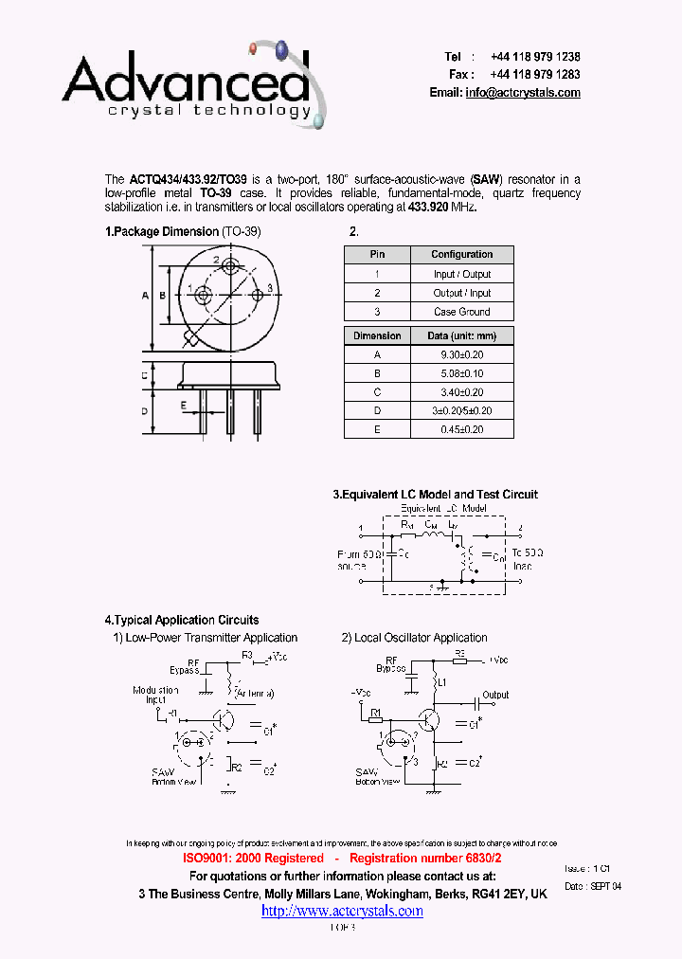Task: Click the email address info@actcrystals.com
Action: [523, 93]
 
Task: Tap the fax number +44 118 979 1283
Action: [535, 74]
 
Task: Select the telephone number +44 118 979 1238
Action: [535, 57]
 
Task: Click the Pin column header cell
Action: [377, 254]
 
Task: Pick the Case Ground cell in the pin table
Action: [461, 312]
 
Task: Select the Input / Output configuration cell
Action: [461, 274]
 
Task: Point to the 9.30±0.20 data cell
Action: [461, 354]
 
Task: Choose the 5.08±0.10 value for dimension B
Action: [461, 373]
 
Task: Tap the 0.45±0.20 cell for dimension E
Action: [461, 429]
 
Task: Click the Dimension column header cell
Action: [377, 335]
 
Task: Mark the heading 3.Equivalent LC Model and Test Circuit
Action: [435, 495]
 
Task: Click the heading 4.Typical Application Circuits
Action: [182, 620]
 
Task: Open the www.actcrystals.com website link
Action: [342, 911]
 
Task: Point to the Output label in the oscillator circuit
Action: [495, 695]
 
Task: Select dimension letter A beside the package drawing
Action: [146, 296]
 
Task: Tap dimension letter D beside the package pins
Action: [146, 411]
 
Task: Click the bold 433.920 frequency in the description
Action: [428, 207]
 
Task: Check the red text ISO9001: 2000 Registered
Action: [253, 858]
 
